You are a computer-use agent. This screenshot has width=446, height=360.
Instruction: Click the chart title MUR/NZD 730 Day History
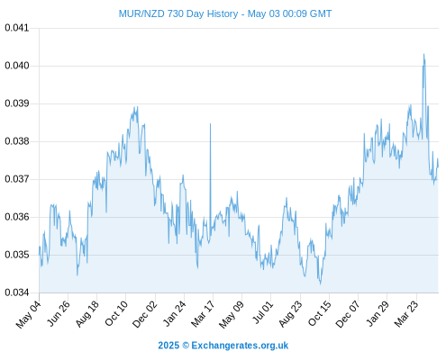click(178, 13)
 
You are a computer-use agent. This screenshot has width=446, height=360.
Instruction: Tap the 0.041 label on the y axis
click(17, 28)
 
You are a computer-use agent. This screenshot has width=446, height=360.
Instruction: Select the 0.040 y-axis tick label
click(17, 66)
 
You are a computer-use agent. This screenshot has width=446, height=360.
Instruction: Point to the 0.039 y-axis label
click(17, 103)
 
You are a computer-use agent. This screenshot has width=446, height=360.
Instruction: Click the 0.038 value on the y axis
click(17, 141)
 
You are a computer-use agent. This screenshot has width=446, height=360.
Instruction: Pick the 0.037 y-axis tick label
click(17, 179)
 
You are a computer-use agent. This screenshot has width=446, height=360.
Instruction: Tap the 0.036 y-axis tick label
click(17, 217)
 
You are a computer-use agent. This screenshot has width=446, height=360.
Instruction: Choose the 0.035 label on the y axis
click(17, 255)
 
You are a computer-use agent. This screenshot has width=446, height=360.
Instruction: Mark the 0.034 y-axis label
click(17, 292)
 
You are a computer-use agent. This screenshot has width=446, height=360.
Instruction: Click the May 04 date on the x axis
click(29, 314)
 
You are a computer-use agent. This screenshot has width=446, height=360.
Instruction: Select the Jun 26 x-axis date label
click(59, 313)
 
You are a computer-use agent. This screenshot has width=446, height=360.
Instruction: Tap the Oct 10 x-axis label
click(116, 313)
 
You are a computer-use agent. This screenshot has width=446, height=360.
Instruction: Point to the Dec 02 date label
click(145, 314)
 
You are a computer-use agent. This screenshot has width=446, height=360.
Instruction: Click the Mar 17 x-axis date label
click(203, 314)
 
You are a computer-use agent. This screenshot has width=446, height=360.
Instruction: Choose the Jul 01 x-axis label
click(263, 312)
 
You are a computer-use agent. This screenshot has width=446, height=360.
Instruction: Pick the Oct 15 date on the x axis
click(320, 313)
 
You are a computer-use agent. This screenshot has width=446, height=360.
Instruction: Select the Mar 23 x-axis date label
click(406, 314)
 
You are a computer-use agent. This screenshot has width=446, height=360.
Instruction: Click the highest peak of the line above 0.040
click(423, 54)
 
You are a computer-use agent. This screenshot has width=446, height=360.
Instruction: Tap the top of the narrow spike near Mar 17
click(210, 123)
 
